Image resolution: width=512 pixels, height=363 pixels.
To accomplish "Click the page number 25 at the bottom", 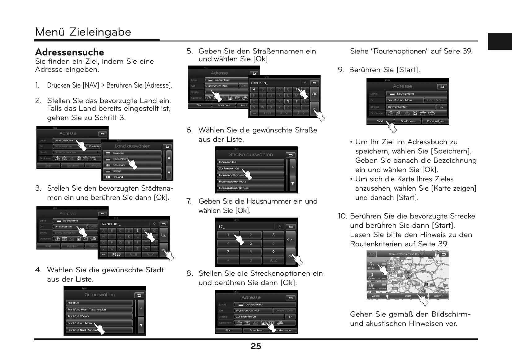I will tap(256, 346).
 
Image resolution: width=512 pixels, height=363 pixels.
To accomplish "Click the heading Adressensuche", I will tap(69, 52).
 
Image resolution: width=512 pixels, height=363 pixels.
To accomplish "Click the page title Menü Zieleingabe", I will tap(83, 32).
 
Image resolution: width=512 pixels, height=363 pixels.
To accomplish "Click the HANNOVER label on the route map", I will tap(434, 261).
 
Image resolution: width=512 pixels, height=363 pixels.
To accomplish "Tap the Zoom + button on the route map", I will tap(438, 296).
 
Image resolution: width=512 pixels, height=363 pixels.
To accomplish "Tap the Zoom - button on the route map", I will tap(377, 296).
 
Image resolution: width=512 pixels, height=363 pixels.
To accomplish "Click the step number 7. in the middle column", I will tap(189, 201).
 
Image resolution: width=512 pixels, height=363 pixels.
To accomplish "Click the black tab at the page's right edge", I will tap(500, 41).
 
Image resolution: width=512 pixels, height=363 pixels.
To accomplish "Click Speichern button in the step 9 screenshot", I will tap(408, 121).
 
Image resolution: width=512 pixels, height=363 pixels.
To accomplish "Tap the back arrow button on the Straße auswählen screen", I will tap(291, 155).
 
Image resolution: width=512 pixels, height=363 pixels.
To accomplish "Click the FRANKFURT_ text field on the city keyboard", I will tap(124, 224).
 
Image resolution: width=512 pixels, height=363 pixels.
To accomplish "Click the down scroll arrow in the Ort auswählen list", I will tap(141, 325).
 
